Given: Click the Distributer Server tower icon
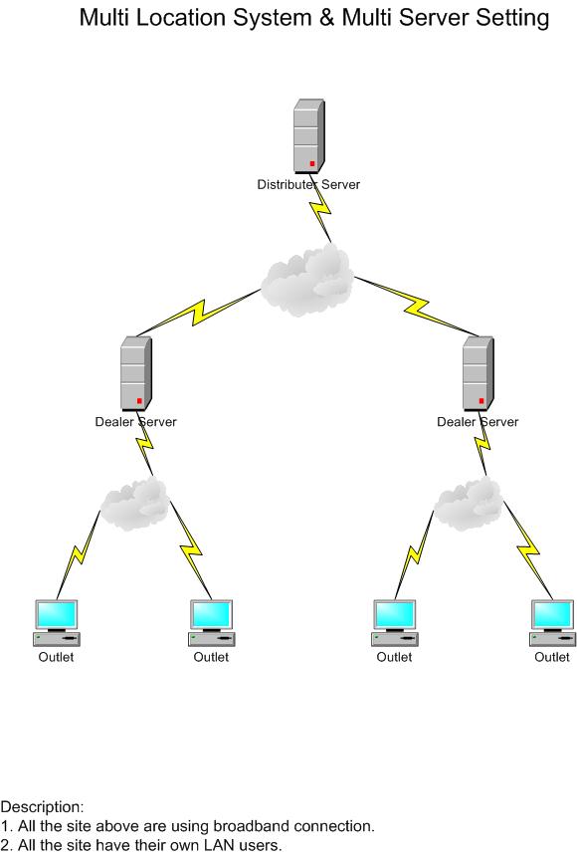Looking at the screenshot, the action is click(x=309, y=136).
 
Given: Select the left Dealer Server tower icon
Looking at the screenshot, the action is click(x=136, y=373).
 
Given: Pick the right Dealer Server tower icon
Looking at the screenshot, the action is click(x=479, y=373).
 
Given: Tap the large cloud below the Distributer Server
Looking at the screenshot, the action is click(x=306, y=280).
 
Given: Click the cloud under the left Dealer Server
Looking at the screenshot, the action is click(x=134, y=503).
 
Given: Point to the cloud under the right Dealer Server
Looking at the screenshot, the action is click(x=468, y=503).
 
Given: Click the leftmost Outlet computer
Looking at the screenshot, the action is click(x=57, y=623).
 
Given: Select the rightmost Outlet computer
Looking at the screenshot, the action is click(x=552, y=623).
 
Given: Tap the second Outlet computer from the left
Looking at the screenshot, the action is click(x=211, y=623).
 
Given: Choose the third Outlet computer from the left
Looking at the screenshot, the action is click(x=395, y=623).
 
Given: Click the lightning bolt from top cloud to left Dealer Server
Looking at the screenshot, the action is click(x=199, y=313).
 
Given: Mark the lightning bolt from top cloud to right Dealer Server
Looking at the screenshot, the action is click(x=416, y=307).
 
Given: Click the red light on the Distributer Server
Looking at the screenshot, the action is click(x=312, y=163).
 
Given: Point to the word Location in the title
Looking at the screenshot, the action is click(x=181, y=18).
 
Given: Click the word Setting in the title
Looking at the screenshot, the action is click(x=512, y=18).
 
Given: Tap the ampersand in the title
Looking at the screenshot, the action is click(x=326, y=18).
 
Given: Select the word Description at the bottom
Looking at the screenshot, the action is click(x=42, y=807).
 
